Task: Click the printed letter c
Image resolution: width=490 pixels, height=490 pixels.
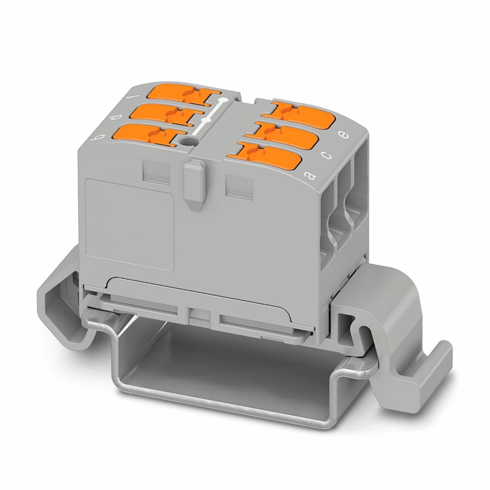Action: click(x=326, y=155)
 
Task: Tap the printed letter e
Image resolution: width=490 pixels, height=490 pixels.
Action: click(x=343, y=135)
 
